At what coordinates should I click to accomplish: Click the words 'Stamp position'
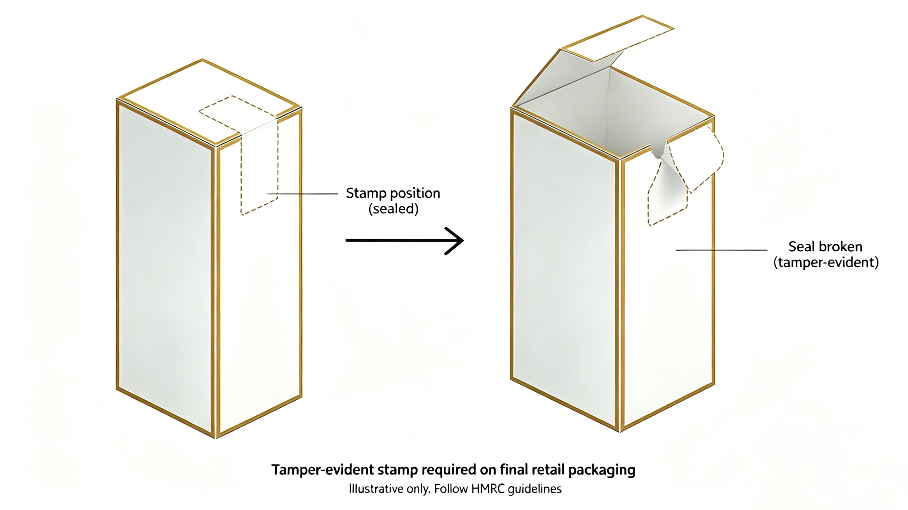393,193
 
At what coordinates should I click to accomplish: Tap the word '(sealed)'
393,209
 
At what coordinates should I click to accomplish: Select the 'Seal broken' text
825,247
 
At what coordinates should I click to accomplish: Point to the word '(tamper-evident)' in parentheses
826,262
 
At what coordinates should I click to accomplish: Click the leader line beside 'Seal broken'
721,250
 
